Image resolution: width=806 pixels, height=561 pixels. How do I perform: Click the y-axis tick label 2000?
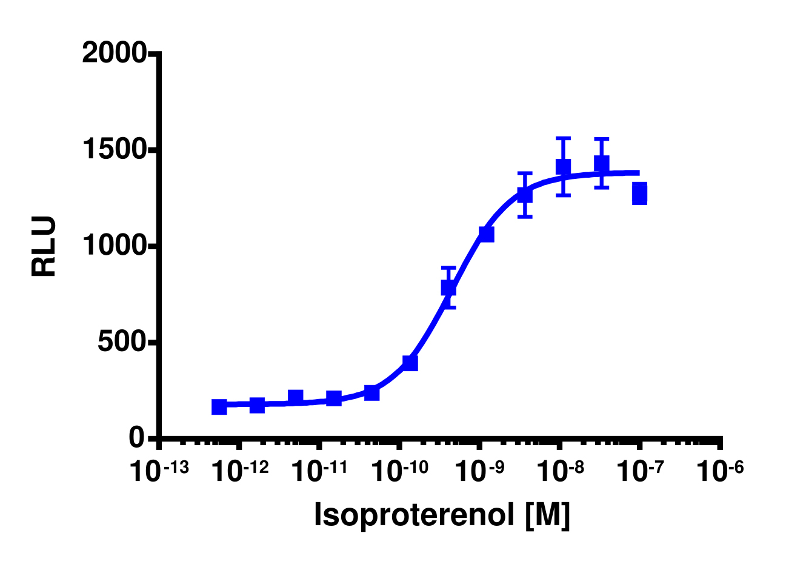pos(114,54)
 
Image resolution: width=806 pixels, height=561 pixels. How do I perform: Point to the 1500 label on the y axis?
pos(114,150)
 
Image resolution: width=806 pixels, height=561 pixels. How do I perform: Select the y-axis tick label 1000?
pos(114,246)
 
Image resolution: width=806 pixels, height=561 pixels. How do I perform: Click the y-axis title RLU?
pos(44,246)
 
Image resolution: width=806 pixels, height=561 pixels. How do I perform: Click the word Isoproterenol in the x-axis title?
pos(410,516)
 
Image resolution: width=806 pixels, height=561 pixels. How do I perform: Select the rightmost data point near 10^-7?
pos(639,193)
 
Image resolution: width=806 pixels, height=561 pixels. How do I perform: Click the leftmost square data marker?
pos(219,407)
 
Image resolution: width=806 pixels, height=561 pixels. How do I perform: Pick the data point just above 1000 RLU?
pos(486,234)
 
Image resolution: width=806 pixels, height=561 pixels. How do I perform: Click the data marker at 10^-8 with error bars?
pos(563,167)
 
